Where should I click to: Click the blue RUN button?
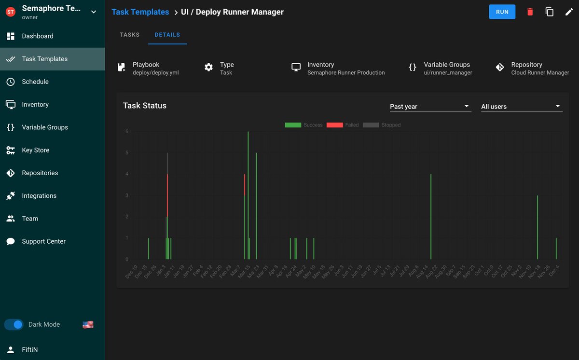(x=502, y=12)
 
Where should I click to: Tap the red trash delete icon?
(x=530, y=12)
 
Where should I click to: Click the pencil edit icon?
(x=569, y=12)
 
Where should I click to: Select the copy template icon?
(x=550, y=12)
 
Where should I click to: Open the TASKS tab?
(x=129, y=35)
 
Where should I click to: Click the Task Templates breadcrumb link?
(x=140, y=12)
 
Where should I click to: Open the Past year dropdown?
(x=430, y=106)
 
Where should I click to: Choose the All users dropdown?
(x=521, y=106)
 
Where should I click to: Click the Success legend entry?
(x=303, y=125)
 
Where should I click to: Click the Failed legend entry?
(x=343, y=125)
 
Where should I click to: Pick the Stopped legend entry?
(x=382, y=125)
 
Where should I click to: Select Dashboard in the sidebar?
(x=38, y=36)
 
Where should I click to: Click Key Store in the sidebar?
(x=36, y=150)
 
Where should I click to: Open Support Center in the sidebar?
(x=43, y=241)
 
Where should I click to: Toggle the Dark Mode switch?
(x=14, y=325)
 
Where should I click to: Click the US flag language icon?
(x=88, y=325)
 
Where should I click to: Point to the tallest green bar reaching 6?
(x=248, y=193)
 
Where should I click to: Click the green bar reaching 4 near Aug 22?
(x=431, y=217)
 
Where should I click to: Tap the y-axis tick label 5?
(x=127, y=153)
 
